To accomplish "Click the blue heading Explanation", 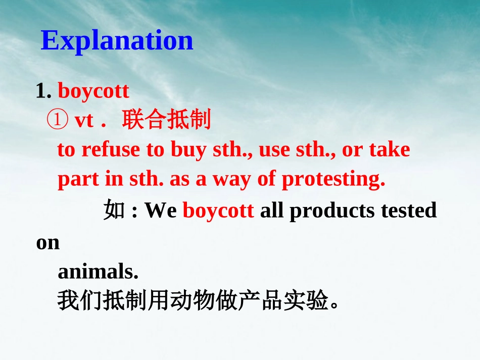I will (117, 41).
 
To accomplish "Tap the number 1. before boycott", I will (44, 91).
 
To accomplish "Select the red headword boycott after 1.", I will (93, 91).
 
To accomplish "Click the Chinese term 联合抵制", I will (166, 121).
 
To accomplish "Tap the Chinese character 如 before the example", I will (114, 210).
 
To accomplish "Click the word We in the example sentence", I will (161, 211).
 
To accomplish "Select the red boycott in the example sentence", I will (218, 211).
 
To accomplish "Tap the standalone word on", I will (48, 242).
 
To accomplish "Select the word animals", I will (98, 272).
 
